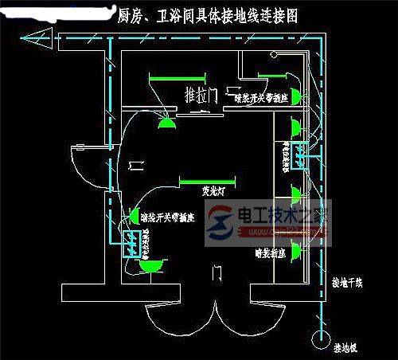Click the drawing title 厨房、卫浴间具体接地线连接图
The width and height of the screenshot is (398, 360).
tap(208, 15)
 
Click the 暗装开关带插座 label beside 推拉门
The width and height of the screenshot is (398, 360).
tap(263, 99)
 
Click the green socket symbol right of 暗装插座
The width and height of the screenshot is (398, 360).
tap(295, 252)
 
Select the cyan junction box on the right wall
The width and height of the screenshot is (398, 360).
tap(302, 155)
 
